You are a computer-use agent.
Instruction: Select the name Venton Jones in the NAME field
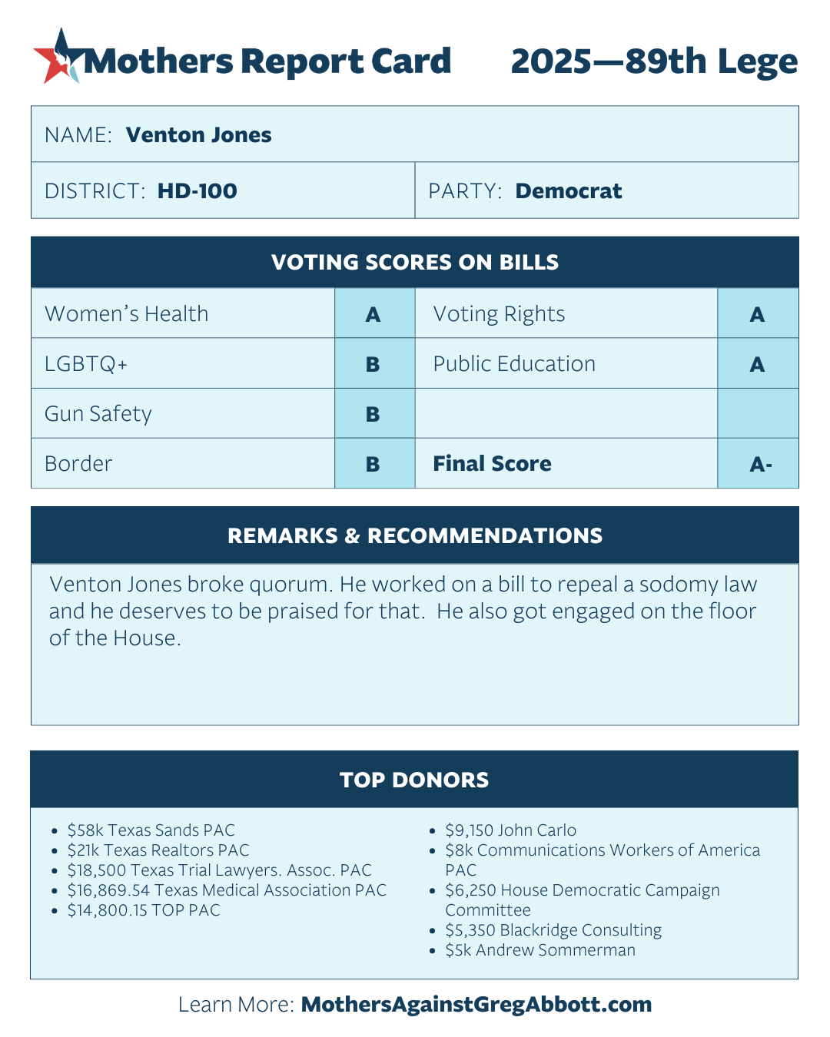pos(198,135)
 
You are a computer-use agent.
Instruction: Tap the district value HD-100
pos(197,191)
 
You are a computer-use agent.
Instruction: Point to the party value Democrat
pos(568,191)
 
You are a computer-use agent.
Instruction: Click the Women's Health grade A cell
pos(373,314)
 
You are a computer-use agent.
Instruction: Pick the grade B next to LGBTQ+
pos(373,364)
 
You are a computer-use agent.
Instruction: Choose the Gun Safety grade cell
pos(373,414)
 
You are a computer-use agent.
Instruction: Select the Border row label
pos(78,464)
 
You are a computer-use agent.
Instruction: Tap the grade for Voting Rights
pos(757,314)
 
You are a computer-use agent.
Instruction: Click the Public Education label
pos(514,364)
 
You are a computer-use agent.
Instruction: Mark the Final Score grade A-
pos(760,464)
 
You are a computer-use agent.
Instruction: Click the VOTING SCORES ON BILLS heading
pos(415,263)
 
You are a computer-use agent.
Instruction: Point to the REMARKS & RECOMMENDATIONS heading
pos(415,536)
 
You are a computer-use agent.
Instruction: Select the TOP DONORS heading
pos(414,780)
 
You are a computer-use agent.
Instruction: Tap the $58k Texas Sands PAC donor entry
pos(151,830)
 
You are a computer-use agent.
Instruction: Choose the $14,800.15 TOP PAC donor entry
pos(144,910)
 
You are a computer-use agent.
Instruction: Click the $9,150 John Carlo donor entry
pos(510,830)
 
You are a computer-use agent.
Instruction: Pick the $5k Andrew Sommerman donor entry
pos(540,950)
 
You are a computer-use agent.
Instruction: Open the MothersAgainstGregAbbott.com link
pos(476,1005)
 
